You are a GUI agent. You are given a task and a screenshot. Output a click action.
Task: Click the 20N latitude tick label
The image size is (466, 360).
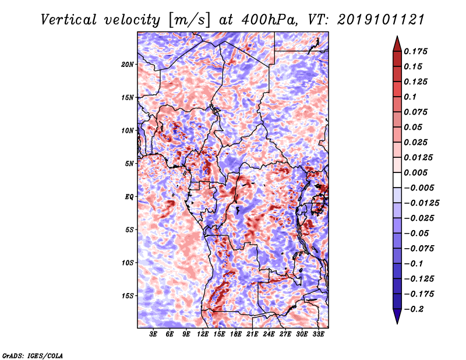click(x=128, y=64)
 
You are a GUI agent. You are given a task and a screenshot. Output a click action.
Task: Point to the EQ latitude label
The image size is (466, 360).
click(x=129, y=196)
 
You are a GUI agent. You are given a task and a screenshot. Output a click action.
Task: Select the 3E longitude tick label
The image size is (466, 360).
click(x=153, y=334)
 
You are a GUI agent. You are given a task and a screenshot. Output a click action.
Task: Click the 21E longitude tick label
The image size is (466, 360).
click(x=252, y=334)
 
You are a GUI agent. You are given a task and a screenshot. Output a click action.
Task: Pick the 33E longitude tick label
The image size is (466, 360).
click(x=318, y=334)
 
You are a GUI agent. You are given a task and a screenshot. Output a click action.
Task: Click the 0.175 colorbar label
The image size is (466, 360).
click(x=415, y=51)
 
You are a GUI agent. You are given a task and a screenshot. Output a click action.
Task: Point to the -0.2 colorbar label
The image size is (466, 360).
click(x=414, y=309)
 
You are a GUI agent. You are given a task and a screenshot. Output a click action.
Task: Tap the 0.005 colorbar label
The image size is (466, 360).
click(x=415, y=172)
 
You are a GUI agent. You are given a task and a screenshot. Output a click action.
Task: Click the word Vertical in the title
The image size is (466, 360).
click(x=69, y=20)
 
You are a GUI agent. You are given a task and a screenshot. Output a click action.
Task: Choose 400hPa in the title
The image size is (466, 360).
click(x=269, y=20)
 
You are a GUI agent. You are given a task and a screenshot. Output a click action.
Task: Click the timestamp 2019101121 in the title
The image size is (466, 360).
click(x=381, y=20)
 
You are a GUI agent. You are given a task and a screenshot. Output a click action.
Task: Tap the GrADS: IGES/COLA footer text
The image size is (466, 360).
click(x=33, y=356)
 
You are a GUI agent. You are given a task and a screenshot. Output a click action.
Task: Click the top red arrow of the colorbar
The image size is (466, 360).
click(x=397, y=44)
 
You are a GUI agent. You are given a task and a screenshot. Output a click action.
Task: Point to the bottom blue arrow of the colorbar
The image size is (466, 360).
click(x=397, y=316)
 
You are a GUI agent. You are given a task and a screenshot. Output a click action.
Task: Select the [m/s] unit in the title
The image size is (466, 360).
click(x=189, y=20)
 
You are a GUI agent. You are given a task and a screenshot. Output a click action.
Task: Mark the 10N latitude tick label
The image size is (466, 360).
click(x=128, y=130)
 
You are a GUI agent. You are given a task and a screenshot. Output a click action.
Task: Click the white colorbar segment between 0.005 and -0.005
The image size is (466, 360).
click(x=397, y=180)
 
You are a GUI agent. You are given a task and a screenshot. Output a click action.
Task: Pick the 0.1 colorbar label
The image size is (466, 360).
click(x=410, y=97)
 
